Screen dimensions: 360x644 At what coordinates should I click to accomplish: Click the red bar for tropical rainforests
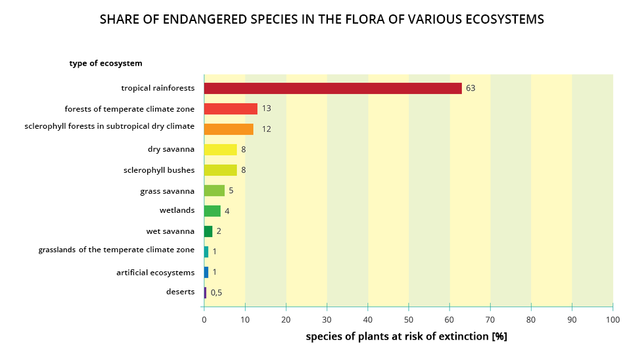333,88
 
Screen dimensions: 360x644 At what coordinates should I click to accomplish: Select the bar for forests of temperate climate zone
231,108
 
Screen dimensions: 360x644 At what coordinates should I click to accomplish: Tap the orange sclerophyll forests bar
229,129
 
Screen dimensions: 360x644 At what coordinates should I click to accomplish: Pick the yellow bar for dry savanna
220,150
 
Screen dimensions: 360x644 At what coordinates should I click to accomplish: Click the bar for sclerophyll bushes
220,170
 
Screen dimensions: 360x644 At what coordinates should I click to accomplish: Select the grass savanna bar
214,191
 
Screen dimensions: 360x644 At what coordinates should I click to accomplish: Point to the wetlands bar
212,211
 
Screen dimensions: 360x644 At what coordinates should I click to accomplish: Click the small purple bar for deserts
205,292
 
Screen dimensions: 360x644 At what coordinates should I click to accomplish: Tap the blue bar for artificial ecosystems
206,272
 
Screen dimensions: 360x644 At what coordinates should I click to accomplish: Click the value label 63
471,88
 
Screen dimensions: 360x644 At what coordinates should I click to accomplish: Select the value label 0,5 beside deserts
216,293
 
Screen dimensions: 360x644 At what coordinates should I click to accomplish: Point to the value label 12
266,129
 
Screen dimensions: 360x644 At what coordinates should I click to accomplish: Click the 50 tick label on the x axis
409,320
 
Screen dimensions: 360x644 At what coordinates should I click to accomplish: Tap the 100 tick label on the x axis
612,320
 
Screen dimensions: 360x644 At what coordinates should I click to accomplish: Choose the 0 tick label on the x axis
204,320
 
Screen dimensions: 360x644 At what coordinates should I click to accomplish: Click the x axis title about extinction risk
406,336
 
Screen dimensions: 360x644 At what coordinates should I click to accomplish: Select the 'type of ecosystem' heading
106,64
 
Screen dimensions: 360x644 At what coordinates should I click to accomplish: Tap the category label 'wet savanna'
170,231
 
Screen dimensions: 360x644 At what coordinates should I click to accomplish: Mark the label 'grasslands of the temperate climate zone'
116,250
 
